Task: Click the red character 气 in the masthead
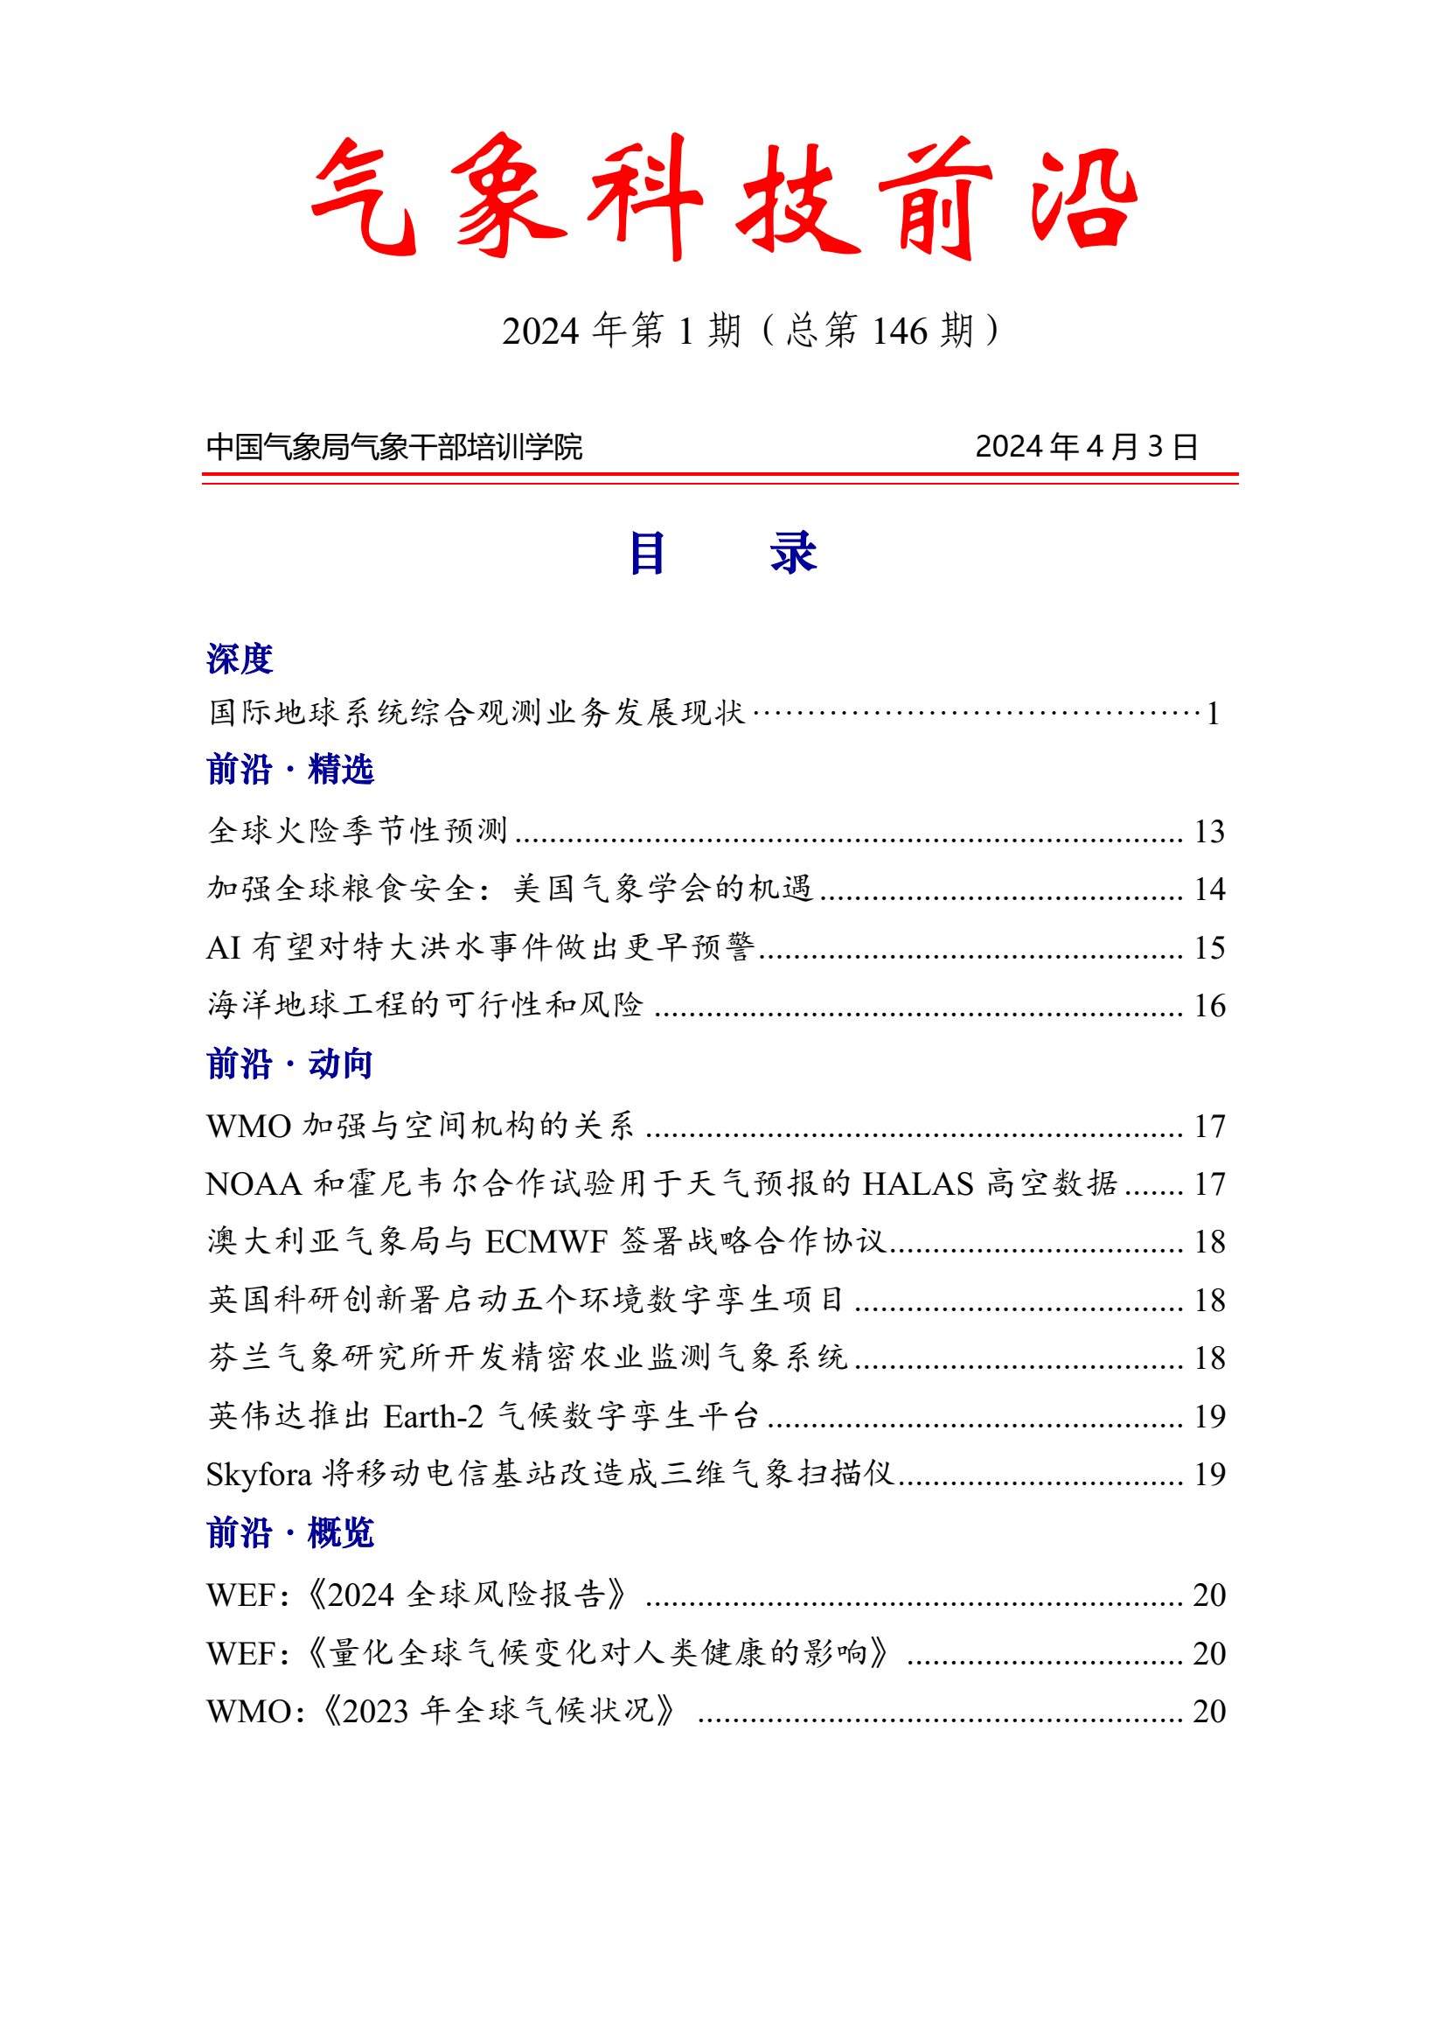[365, 197]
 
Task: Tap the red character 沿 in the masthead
[1083, 197]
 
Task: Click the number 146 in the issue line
[900, 332]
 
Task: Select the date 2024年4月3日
[1086, 446]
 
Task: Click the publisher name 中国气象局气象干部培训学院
[394, 446]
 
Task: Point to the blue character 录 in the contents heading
[793, 553]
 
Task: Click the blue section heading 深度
[240, 659]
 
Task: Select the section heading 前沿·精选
[290, 770]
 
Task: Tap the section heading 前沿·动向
[289, 1064]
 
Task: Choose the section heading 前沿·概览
[290, 1533]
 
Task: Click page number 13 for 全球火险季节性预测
[1209, 832]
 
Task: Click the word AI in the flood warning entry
[224, 948]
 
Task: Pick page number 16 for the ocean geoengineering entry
[1209, 1006]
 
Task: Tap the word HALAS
[917, 1184]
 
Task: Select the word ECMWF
[546, 1242]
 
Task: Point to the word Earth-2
[433, 1417]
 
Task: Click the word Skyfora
[259, 1475]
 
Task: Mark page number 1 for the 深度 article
[1213, 714]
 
